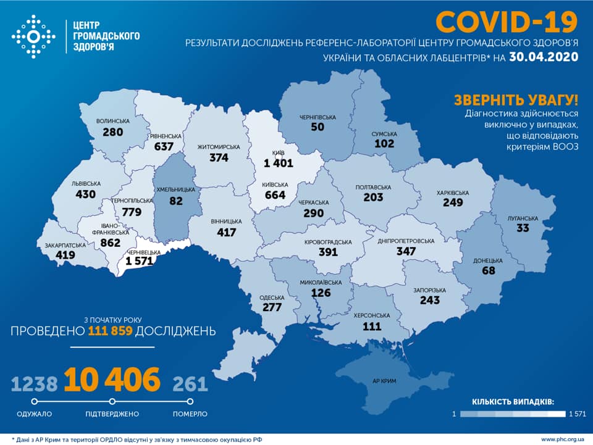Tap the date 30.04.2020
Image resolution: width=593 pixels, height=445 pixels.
544,57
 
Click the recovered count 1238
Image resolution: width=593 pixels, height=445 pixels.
35,384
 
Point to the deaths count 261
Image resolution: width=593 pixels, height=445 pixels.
190,384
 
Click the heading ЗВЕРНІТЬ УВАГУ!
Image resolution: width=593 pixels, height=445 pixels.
516,101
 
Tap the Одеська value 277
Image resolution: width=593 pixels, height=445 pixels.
272,307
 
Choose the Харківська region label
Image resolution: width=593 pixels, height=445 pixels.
452,193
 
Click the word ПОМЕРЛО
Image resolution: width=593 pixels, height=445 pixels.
190,414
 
